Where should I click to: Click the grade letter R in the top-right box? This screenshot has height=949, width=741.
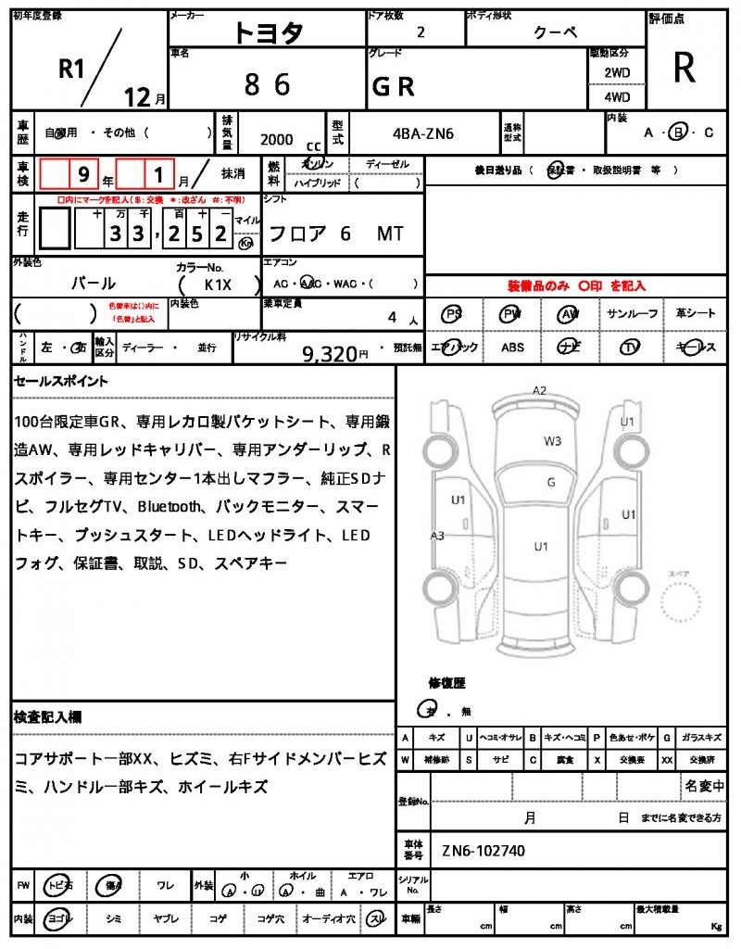(684, 68)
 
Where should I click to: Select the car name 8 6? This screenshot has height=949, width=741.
(267, 85)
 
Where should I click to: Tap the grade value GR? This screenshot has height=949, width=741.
(393, 86)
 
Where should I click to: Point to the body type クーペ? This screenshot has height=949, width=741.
(556, 32)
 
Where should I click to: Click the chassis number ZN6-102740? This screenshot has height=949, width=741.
(484, 851)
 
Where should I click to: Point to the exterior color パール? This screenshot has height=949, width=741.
(94, 284)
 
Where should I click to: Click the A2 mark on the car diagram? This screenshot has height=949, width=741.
(539, 390)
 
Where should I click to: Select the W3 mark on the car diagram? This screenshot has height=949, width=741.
(552, 441)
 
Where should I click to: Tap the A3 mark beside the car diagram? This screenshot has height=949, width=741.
(437, 535)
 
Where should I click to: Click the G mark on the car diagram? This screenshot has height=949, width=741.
(551, 482)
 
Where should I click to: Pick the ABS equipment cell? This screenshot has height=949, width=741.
(512, 348)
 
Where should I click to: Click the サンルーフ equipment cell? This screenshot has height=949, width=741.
(633, 314)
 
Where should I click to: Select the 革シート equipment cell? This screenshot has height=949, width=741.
(695, 314)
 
